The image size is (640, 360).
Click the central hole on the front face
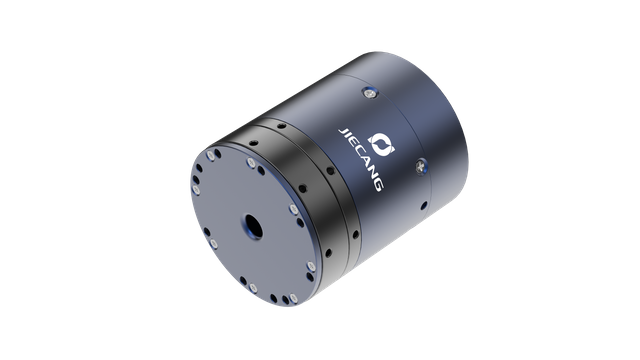click(x=247, y=225)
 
